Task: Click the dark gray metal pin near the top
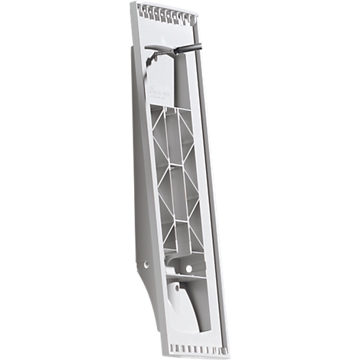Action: point(188,48)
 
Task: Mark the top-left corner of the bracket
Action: point(131,4)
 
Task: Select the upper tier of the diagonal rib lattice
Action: point(175,134)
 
